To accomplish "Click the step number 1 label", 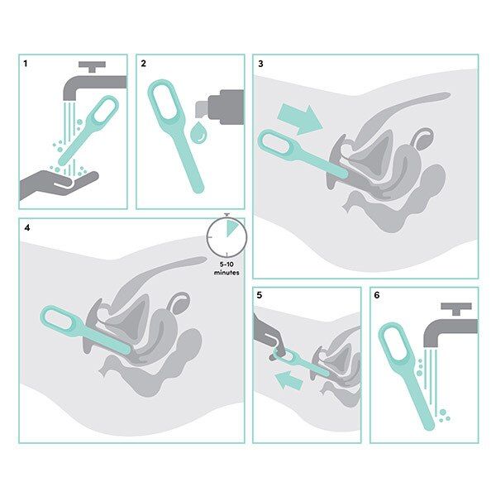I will click(x=26, y=64).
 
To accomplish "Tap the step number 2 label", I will click(x=144, y=64).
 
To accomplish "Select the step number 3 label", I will click(x=261, y=64).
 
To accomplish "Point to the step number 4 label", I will click(x=26, y=227).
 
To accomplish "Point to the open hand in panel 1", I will click(x=58, y=181).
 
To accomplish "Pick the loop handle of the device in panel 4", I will click(x=58, y=320).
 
